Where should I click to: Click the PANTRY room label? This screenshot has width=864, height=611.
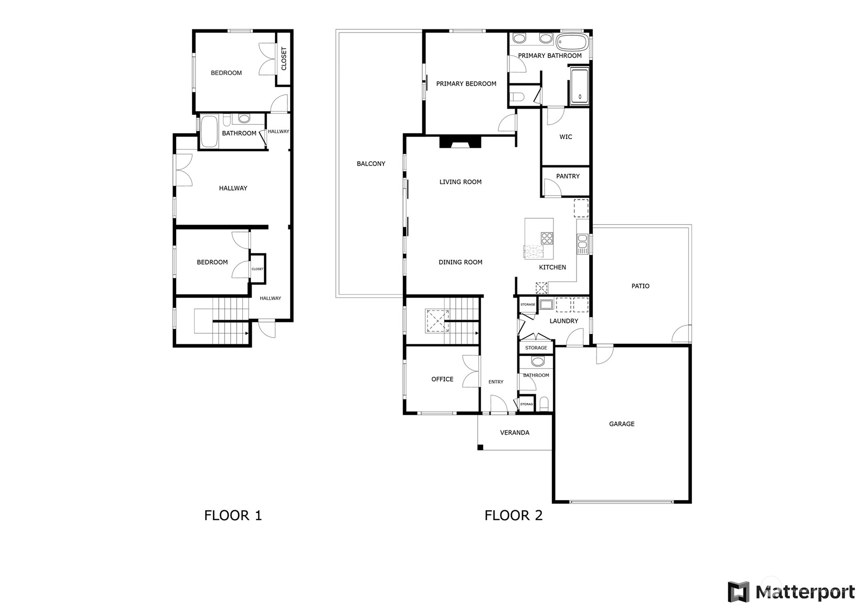point(568,176)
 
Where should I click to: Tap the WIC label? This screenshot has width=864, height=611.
point(566,137)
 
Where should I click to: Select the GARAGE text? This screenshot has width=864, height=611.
point(622,424)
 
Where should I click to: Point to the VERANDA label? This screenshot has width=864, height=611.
point(515,433)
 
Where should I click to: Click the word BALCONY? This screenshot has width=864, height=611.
point(371,164)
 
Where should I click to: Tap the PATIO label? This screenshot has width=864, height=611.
point(641,286)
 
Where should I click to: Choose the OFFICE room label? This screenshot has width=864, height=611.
point(442,380)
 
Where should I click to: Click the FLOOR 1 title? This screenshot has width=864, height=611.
point(233,515)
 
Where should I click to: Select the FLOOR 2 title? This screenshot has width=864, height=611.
point(514,515)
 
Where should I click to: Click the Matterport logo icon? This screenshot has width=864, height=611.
point(738,592)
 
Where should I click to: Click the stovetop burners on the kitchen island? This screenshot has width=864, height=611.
point(547,238)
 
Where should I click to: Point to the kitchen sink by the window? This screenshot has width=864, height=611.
point(582,244)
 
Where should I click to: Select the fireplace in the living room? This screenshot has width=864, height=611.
point(461,142)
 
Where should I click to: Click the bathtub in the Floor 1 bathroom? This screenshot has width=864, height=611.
point(209,131)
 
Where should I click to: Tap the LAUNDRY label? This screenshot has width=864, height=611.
point(564,321)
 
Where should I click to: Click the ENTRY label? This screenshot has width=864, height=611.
point(496,382)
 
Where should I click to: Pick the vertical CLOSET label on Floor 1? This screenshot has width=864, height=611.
point(284,59)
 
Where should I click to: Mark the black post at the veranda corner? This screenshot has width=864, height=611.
point(480,447)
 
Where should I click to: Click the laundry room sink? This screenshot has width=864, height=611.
point(546,304)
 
